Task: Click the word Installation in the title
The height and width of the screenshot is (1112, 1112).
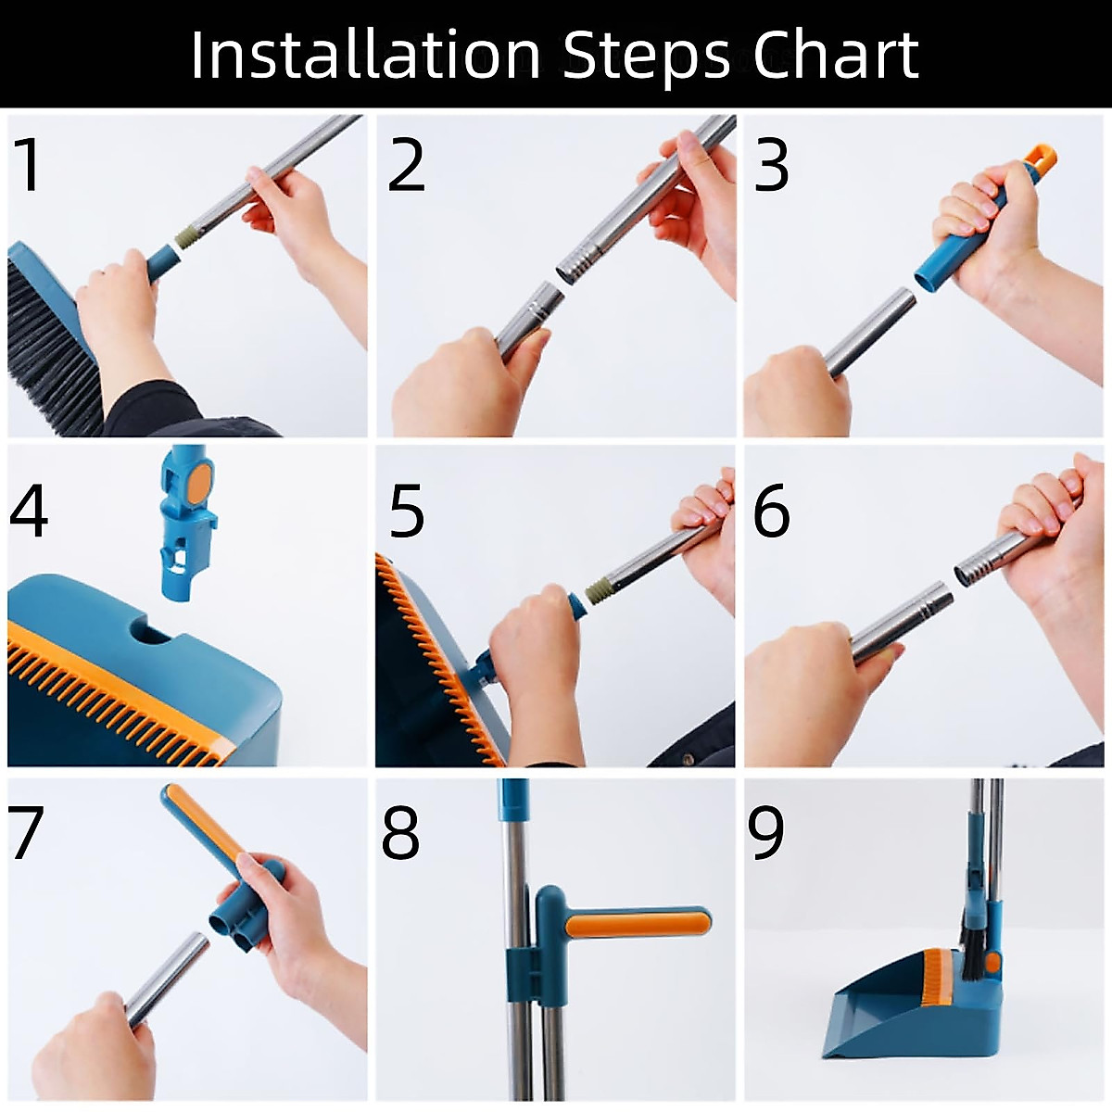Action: click(x=365, y=55)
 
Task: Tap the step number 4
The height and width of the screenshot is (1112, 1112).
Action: click(x=29, y=510)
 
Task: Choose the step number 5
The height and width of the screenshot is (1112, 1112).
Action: click(x=406, y=510)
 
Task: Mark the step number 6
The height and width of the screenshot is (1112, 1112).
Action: click(x=772, y=510)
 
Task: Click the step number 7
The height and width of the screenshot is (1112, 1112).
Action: click(x=26, y=831)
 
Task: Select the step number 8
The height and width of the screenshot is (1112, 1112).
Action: click(x=400, y=831)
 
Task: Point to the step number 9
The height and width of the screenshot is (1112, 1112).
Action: click(x=766, y=831)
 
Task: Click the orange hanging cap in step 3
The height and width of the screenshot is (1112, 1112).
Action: click(x=1040, y=159)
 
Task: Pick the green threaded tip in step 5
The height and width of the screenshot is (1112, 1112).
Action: click(x=598, y=590)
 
